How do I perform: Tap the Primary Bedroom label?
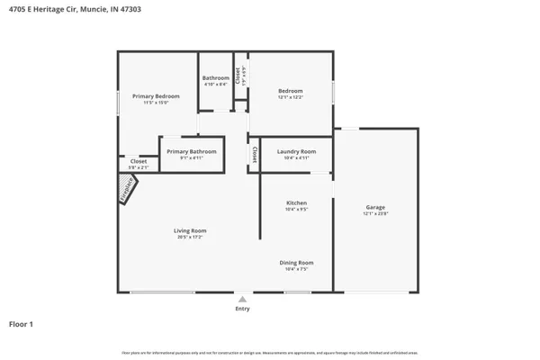tap(156, 96)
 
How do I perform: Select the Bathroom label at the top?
tap(215, 78)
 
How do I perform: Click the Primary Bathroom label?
tap(191, 151)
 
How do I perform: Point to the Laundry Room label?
tap(296, 151)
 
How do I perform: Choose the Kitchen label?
tap(297, 203)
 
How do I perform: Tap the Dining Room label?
tap(297, 263)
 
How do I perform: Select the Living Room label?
tap(190, 231)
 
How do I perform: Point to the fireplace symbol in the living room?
tap(128, 190)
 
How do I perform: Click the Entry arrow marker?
tap(242, 299)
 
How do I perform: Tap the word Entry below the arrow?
tap(242, 309)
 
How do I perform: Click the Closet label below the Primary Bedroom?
tap(126, 161)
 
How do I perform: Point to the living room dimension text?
tap(190, 238)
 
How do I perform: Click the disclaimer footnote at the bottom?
tap(270, 353)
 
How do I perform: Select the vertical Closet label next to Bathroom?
tap(238, 76)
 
